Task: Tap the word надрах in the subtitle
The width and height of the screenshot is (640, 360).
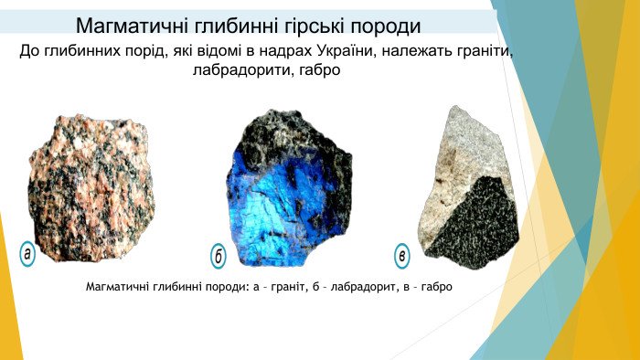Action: [285, 53]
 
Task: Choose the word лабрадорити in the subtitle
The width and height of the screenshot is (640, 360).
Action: [243, 70]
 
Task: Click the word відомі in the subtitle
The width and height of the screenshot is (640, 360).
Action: [219, 51]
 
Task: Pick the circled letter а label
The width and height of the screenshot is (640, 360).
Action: [27, 254]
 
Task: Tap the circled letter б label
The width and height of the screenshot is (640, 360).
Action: [218, 256]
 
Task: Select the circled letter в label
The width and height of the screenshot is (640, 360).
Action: [402, 256]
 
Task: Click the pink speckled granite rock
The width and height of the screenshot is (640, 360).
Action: [91, 187]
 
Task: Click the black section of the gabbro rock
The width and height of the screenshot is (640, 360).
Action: [474, 224]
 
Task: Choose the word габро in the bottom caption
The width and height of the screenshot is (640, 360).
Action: [437, 287]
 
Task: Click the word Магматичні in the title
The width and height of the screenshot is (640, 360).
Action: [131, 26]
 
